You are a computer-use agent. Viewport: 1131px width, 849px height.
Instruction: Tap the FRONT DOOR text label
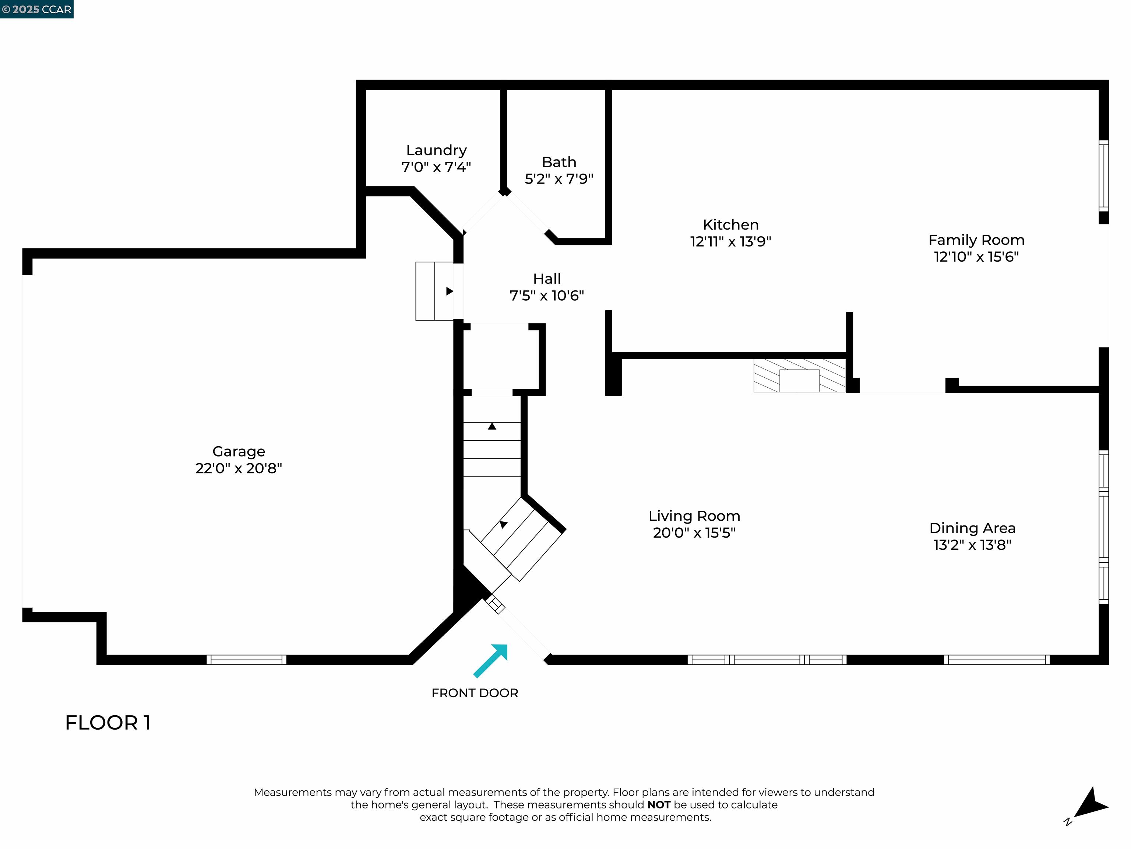tap(475, 693)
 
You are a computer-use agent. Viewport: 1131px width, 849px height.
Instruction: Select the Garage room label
tap(239, 451)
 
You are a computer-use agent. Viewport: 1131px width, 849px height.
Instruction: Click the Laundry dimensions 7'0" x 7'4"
tap(436, 167)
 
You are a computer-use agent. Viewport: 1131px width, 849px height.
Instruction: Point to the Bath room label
tap(559, 162)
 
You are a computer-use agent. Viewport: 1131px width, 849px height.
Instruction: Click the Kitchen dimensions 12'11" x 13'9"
tap(731, 241)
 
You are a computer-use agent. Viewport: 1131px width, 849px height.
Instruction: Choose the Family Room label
tap(976, 240)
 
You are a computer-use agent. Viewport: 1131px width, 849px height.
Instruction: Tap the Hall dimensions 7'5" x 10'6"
tap(547, 295)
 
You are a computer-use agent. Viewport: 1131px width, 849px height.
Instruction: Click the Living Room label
tap(694, 516)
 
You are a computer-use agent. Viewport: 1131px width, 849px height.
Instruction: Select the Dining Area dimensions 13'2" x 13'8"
tap(972, 545)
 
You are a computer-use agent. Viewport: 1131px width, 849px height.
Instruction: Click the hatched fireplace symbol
tap(799, 375)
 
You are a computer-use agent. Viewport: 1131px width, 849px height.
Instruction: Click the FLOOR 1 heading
tap(108, 723)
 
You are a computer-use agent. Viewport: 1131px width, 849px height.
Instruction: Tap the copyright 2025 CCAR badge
tap(37, 9)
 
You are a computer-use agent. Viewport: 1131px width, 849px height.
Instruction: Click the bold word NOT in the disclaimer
tap(659, 804)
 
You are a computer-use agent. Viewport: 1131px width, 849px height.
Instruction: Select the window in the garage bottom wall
tap(246, 660)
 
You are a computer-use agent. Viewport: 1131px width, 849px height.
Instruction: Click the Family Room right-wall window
tap(1103, 175)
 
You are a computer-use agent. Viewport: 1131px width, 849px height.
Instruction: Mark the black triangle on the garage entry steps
tap(450, 291)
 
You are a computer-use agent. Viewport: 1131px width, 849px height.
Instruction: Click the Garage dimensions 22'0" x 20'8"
tap(239, 468)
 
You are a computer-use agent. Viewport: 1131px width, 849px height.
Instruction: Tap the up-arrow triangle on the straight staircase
tap(492, 426)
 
